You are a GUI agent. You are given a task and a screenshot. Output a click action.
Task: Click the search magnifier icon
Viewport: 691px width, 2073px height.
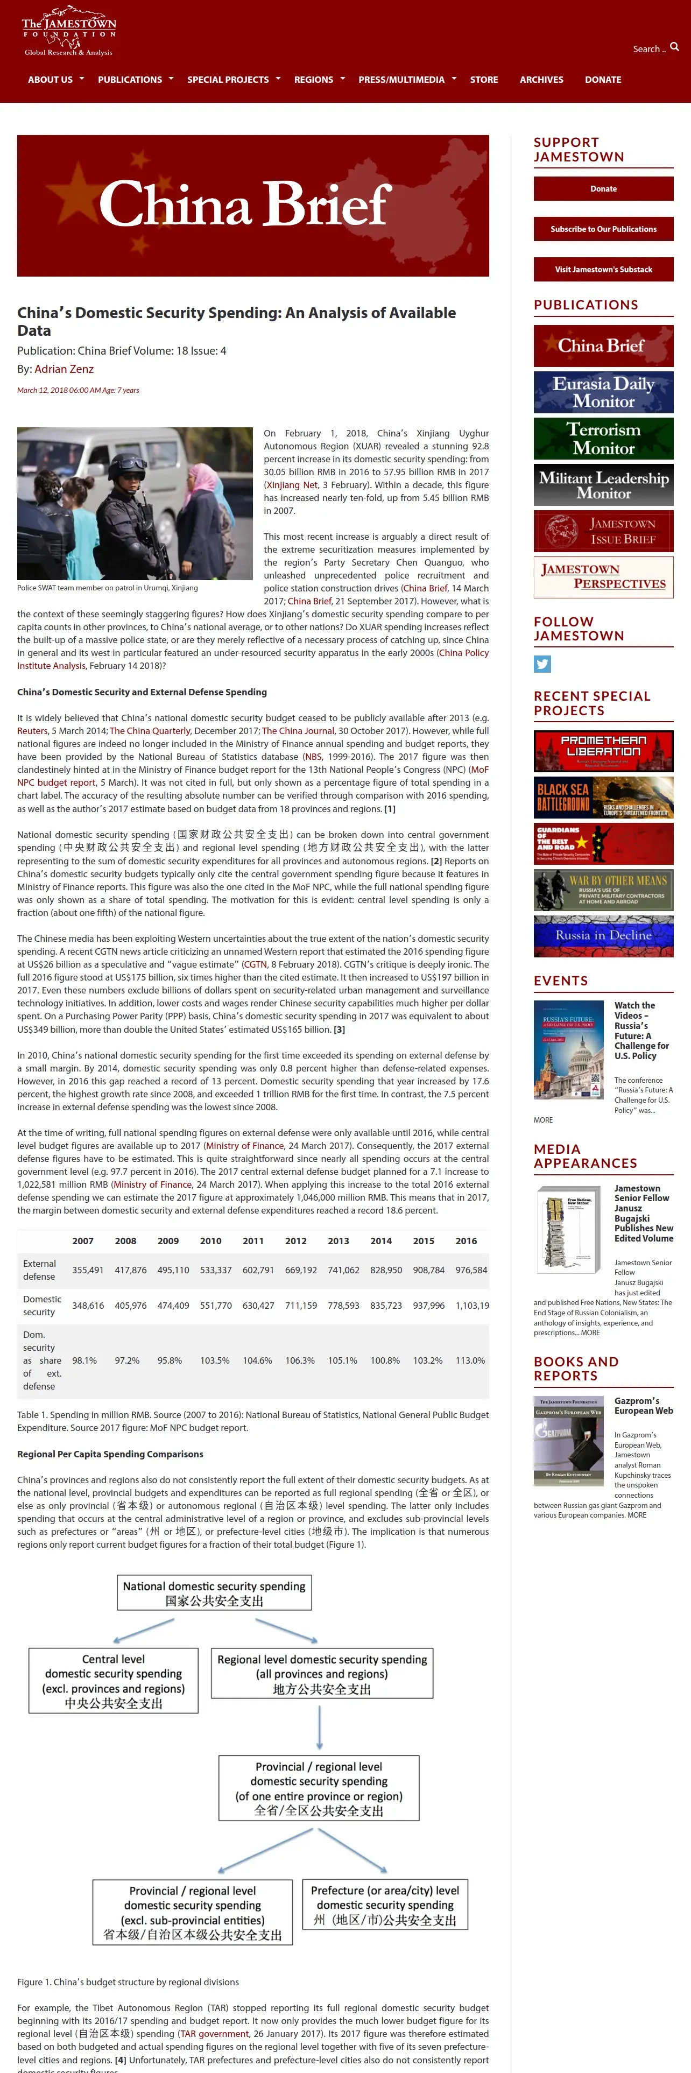[674, 47]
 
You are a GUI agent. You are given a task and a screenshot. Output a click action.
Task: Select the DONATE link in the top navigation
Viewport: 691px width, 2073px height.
[603, 80]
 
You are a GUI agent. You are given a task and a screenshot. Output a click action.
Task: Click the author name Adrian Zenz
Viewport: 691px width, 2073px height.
[65, 369]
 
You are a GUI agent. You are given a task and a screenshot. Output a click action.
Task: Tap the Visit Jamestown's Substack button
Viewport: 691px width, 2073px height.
[603, 270]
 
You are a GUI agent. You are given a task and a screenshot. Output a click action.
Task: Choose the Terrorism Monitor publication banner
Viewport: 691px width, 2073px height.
[603, 439]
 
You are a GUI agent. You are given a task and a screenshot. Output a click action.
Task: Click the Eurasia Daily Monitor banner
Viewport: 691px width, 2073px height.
[603, 392]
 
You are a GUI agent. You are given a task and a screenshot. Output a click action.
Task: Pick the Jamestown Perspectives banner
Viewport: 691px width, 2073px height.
[603, 577]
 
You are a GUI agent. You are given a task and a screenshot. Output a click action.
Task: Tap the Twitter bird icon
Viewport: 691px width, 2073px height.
[542, 664]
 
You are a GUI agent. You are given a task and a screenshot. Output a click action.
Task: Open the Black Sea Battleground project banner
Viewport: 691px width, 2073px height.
[603, 796]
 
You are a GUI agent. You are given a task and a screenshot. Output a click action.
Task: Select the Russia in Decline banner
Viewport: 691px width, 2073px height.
[603, 936]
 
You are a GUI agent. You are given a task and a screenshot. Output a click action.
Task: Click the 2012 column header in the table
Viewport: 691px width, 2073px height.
[295, 1241]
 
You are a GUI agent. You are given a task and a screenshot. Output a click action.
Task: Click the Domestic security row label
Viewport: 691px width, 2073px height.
[42, 1305]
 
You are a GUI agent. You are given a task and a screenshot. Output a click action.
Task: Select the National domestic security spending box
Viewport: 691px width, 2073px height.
[214, 1592]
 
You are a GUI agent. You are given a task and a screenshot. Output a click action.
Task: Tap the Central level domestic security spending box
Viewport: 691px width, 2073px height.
[114, 1681]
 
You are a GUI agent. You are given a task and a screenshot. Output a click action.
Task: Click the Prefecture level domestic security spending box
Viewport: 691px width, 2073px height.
[384, 1905]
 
